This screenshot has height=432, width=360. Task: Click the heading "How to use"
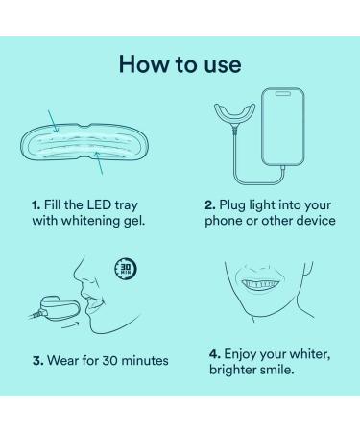(x=180, y=64)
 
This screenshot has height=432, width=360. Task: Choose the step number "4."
(x=214, y=353)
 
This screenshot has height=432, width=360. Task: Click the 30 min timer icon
(x=124, y=267)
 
